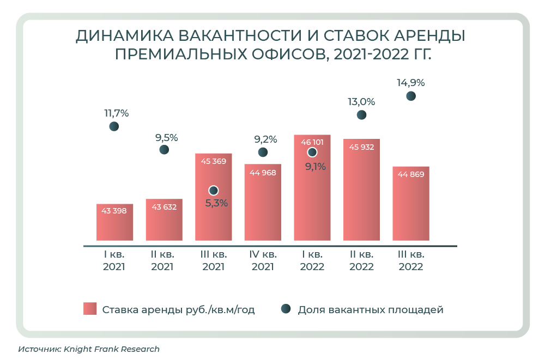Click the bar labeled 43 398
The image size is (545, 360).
point(114,222)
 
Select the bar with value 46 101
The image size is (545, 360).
point(312,188)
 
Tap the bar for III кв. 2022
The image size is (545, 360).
point(411,203)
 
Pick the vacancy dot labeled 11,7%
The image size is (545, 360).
point(114,126)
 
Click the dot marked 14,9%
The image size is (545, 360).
point(411,96)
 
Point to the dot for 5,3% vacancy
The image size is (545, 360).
point(214,191)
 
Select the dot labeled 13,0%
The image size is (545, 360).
point(361,115)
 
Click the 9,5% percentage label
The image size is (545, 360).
point(166,137)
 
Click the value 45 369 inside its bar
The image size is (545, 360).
point(213,161)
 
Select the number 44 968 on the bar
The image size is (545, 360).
point(263,173)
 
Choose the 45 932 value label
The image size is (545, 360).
point(361,147)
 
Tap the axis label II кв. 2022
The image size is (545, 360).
point(361,261)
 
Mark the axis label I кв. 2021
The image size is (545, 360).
point(114,261)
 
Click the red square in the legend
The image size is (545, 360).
point(90,309)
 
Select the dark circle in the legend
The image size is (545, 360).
point(285,309)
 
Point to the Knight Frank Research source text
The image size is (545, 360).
point(111,349)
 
